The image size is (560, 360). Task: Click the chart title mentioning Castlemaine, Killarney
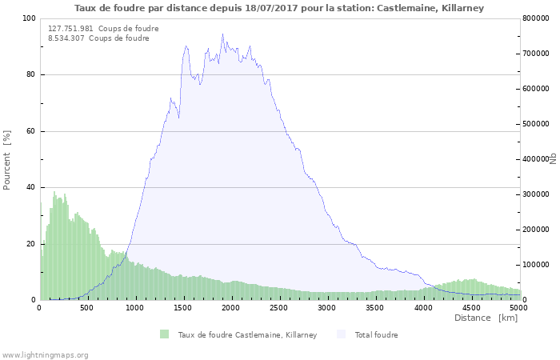[279, 8]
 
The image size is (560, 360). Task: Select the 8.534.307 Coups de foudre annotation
[98, 38]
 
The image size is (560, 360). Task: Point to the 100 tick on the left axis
[29, 18]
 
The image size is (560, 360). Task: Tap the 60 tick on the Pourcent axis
[31, 131]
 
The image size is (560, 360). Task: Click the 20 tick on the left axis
[31, 244]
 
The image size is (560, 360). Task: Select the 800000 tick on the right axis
[536, 18]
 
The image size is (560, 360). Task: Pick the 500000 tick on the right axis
[536, 124]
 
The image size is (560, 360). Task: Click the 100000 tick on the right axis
[536, 265]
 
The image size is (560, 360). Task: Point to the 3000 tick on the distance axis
[327, 307]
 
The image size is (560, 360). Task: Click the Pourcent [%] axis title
[7, 159]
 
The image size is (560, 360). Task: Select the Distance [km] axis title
[486, 318]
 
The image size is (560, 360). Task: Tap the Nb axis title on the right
[552, 159]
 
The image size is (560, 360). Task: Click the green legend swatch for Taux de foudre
[165, 334]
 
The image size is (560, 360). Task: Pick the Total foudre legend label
[376, 334]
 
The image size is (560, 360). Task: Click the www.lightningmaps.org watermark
[45, 354]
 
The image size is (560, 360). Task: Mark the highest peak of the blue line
[222, 34]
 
